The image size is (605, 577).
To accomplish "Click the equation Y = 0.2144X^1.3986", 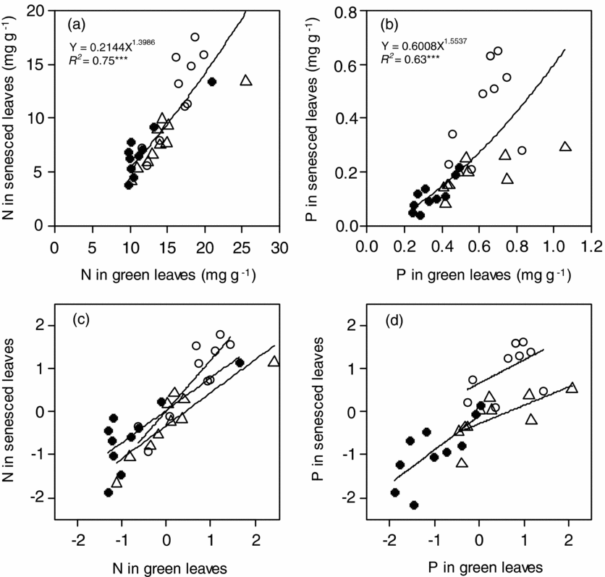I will click(x=107, y=49).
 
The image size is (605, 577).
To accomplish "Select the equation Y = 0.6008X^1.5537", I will click(x=421, y=49).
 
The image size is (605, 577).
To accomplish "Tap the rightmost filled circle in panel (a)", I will click(x=212, y=82).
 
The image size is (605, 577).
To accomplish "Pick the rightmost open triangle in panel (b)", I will click(x=565, y=147).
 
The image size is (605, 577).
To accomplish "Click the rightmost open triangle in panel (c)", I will click(x=274, y=361).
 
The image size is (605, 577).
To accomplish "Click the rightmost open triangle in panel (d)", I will click(x=572, y=388).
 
